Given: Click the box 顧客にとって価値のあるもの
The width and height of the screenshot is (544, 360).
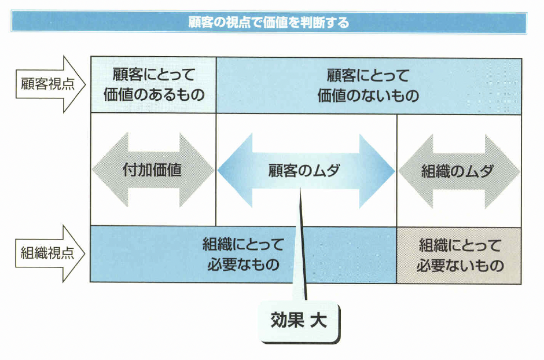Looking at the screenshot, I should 153,85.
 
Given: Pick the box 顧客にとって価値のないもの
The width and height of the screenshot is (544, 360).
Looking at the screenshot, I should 368,85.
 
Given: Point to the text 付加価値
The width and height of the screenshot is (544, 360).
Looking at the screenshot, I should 153,170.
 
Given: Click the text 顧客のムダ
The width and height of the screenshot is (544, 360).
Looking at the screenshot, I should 305,170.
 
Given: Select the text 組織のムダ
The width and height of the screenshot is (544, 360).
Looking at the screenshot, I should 457,170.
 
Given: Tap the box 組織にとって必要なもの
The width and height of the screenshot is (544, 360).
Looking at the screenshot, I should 243,255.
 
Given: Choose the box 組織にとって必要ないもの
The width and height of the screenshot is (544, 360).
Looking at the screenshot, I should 459,255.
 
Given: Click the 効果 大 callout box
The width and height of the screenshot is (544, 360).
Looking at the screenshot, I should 299,320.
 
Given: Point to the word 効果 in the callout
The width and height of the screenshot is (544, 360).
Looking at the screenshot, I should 287,320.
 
